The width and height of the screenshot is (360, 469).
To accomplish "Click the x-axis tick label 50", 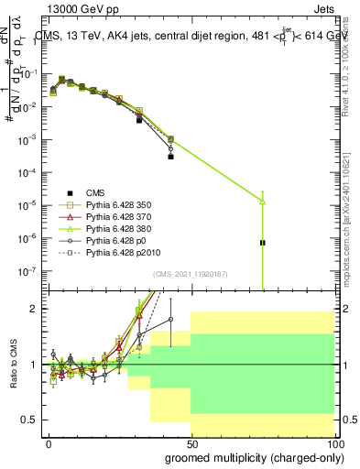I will pos(191,442).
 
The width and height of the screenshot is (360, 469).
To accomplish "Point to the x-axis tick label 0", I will pos(49,442).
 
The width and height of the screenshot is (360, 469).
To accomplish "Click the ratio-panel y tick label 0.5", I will pos(33,420).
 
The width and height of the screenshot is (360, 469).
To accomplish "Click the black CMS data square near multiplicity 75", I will pos(263,243).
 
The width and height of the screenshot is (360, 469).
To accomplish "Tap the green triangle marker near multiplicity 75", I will pos(263,201).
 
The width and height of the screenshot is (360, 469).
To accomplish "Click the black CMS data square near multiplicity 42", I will pos(170,157).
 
